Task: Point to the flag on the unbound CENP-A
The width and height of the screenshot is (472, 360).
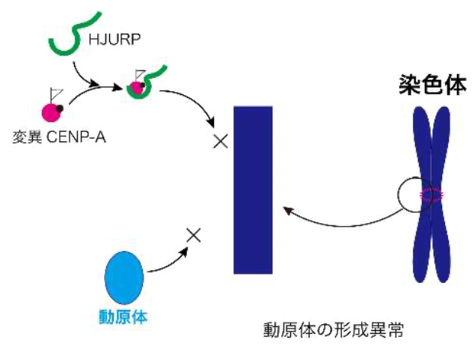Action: coord(55,95)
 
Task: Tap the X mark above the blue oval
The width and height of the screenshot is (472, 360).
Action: coord(193,235)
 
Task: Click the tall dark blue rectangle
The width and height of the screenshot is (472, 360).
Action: coord(252,190)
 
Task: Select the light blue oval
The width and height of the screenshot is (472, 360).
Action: coord(123,276)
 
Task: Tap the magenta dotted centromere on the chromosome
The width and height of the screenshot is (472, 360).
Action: coord(432,195)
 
